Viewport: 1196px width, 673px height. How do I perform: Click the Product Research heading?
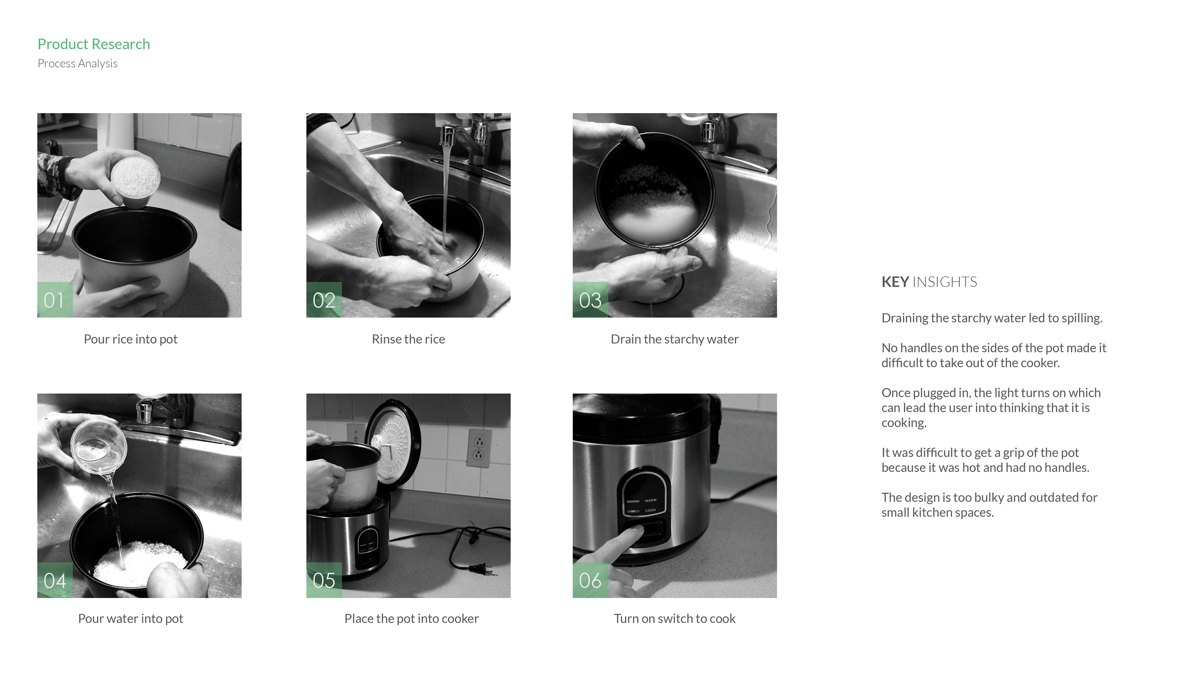coord(94,44)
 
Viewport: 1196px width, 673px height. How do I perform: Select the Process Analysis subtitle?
coord(78,64)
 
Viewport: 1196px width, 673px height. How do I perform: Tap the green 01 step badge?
coord(55,299)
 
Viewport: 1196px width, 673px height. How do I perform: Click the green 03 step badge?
coord(590,299)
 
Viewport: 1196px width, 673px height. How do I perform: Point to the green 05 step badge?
coord(324,580)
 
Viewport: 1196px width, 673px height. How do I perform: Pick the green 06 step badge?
coord(590,580)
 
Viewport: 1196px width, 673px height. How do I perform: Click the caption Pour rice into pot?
coord(131,340)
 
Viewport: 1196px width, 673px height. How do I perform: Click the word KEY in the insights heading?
coord(895,282)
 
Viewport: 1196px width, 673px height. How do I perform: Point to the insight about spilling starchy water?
coord(992,318)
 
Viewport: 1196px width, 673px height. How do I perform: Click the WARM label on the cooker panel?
coord(650,500)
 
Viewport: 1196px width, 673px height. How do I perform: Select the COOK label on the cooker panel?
coord(650,510)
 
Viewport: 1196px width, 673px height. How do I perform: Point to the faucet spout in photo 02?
coord(448,134)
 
